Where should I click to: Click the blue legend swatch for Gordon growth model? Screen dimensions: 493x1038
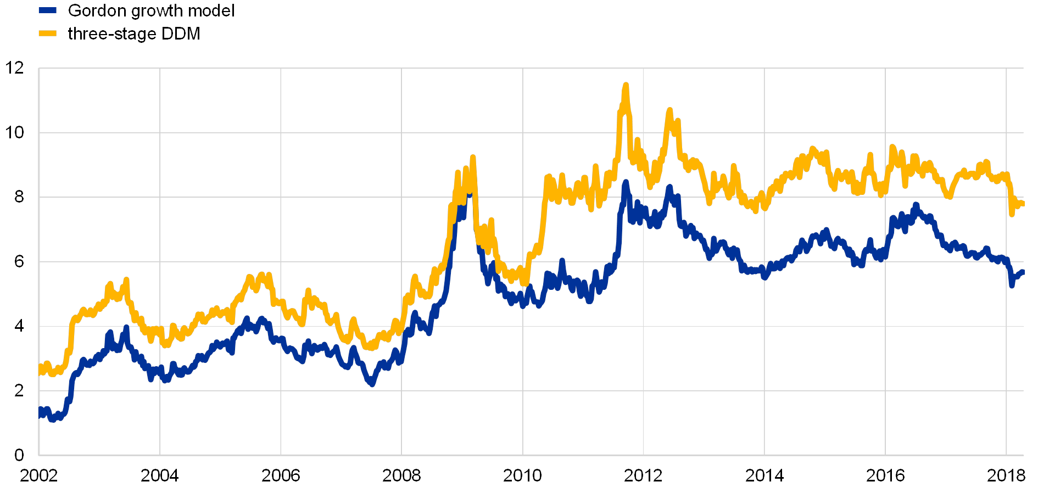[47, 10]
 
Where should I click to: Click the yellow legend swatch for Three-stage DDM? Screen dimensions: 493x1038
[47, 33]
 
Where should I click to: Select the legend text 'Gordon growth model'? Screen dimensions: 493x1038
[149, 10]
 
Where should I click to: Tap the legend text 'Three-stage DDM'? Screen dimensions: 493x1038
[132, 33]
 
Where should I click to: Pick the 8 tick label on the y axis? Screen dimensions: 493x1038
[19, 197]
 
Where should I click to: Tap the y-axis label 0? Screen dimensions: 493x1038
[19, 455]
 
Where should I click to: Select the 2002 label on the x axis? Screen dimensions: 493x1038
[38, 475]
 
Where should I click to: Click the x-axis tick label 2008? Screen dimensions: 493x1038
[401, 475]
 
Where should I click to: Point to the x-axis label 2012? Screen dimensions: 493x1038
[643, 475]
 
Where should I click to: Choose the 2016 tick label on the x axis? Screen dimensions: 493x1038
[885, 475]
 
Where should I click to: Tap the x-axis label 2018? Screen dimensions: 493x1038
[1006, 475]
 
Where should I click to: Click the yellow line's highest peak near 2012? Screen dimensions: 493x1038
[625, 86]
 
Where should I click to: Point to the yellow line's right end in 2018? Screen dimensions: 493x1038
[1023, 204]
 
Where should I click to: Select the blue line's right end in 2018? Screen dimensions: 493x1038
[1023, 272]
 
